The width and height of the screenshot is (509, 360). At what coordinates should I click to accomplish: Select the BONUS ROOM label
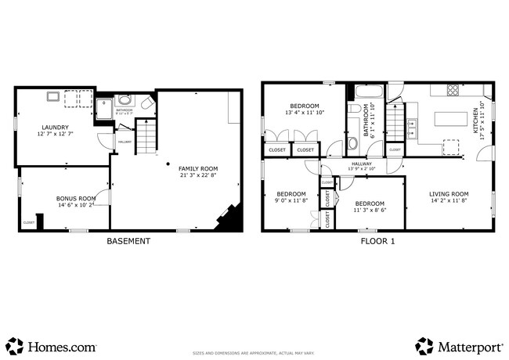76,199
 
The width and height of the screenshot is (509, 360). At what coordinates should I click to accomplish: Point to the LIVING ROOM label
449,194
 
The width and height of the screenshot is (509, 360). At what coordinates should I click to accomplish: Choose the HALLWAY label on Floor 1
361,164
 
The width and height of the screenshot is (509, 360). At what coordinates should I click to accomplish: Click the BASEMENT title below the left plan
128,241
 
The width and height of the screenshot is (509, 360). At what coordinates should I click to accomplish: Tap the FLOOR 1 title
377,241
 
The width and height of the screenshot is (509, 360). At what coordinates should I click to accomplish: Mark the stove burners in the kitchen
453,91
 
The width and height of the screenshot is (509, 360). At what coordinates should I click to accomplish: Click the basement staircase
146,138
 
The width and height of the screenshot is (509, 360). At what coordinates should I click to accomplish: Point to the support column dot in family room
168,163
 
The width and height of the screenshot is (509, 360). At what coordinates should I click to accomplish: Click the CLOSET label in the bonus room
28,222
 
